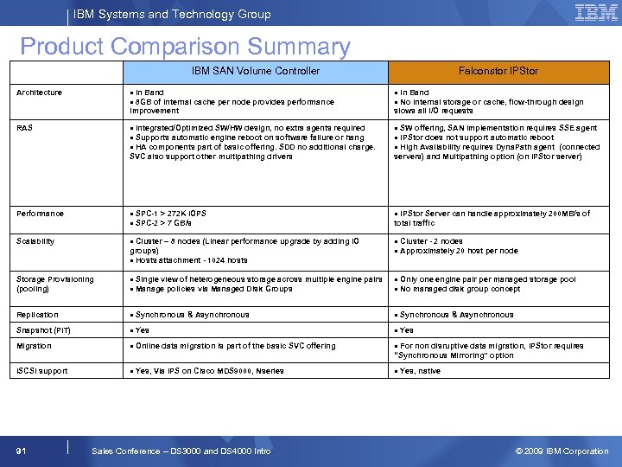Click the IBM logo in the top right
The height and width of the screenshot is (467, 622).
point(595,13)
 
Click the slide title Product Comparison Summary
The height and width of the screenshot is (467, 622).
point(185,47)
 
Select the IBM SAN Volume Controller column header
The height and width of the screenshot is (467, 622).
point(255,71)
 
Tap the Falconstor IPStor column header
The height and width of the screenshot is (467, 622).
point(498,71)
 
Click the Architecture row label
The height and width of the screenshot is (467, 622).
point(40,93)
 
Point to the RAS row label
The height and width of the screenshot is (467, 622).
point(25,128)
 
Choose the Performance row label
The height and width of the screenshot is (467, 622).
point(40,214)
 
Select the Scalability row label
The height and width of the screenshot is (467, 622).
point(35,241)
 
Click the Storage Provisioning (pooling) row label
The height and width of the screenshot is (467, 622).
point(54,284)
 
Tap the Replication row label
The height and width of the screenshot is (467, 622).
point(38,315)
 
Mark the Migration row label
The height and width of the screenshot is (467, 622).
point(35,346)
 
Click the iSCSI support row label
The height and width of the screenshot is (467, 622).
point(41,371)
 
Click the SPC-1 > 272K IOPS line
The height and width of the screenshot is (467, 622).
point(169,213)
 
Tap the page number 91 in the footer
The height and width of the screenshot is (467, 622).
point(22,451)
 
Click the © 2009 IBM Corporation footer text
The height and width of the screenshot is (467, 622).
point(562,451)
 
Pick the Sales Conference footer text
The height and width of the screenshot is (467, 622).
point(181,451)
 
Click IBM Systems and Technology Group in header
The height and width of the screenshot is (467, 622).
point(172,14)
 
